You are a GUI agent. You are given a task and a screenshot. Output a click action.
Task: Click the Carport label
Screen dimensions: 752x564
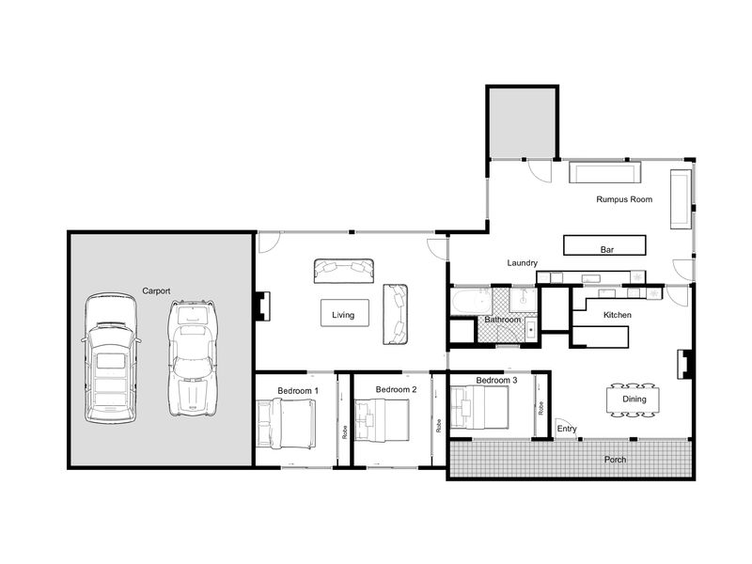click(156, 290)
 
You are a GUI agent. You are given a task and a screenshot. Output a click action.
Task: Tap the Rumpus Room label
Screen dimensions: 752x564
click(624, 199)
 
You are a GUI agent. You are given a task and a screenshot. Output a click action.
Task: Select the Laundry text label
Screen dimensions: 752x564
click(523, 263)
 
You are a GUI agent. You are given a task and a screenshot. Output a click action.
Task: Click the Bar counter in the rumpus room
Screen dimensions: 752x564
click(604, 245)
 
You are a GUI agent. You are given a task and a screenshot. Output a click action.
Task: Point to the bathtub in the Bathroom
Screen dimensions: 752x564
click(472, 302)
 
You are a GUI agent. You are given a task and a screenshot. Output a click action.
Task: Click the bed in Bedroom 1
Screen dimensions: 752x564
click(287, 424)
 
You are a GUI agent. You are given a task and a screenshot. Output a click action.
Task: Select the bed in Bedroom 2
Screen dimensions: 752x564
click(383, 420)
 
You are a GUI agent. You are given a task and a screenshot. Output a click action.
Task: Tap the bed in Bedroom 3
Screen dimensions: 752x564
click(479, 408)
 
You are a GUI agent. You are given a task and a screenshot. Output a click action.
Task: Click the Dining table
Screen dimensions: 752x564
click(633, 399)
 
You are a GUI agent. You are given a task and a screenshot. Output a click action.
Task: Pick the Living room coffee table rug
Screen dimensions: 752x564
click(345, 313)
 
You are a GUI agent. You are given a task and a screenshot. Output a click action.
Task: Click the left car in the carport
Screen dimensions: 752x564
click(111, 358)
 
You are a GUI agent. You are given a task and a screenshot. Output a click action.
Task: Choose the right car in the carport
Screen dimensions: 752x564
click(193, 358)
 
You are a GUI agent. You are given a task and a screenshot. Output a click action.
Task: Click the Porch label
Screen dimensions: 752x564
click(615, 460)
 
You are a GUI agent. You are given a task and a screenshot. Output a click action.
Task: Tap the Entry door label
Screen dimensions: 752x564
click(567, 429)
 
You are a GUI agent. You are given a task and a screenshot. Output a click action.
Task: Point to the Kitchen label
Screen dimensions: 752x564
click(618, 315)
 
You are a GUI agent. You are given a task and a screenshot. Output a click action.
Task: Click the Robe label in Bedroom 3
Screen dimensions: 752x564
click(541, 408)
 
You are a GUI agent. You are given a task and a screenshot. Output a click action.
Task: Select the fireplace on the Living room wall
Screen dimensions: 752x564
click(263, 306)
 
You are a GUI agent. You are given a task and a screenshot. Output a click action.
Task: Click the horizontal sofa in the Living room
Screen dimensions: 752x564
click(344, 271)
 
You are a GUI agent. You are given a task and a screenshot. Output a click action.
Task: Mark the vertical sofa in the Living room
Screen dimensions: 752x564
click(395, 314)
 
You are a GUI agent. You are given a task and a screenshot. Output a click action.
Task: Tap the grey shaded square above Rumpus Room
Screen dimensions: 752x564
click(523, 122)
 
